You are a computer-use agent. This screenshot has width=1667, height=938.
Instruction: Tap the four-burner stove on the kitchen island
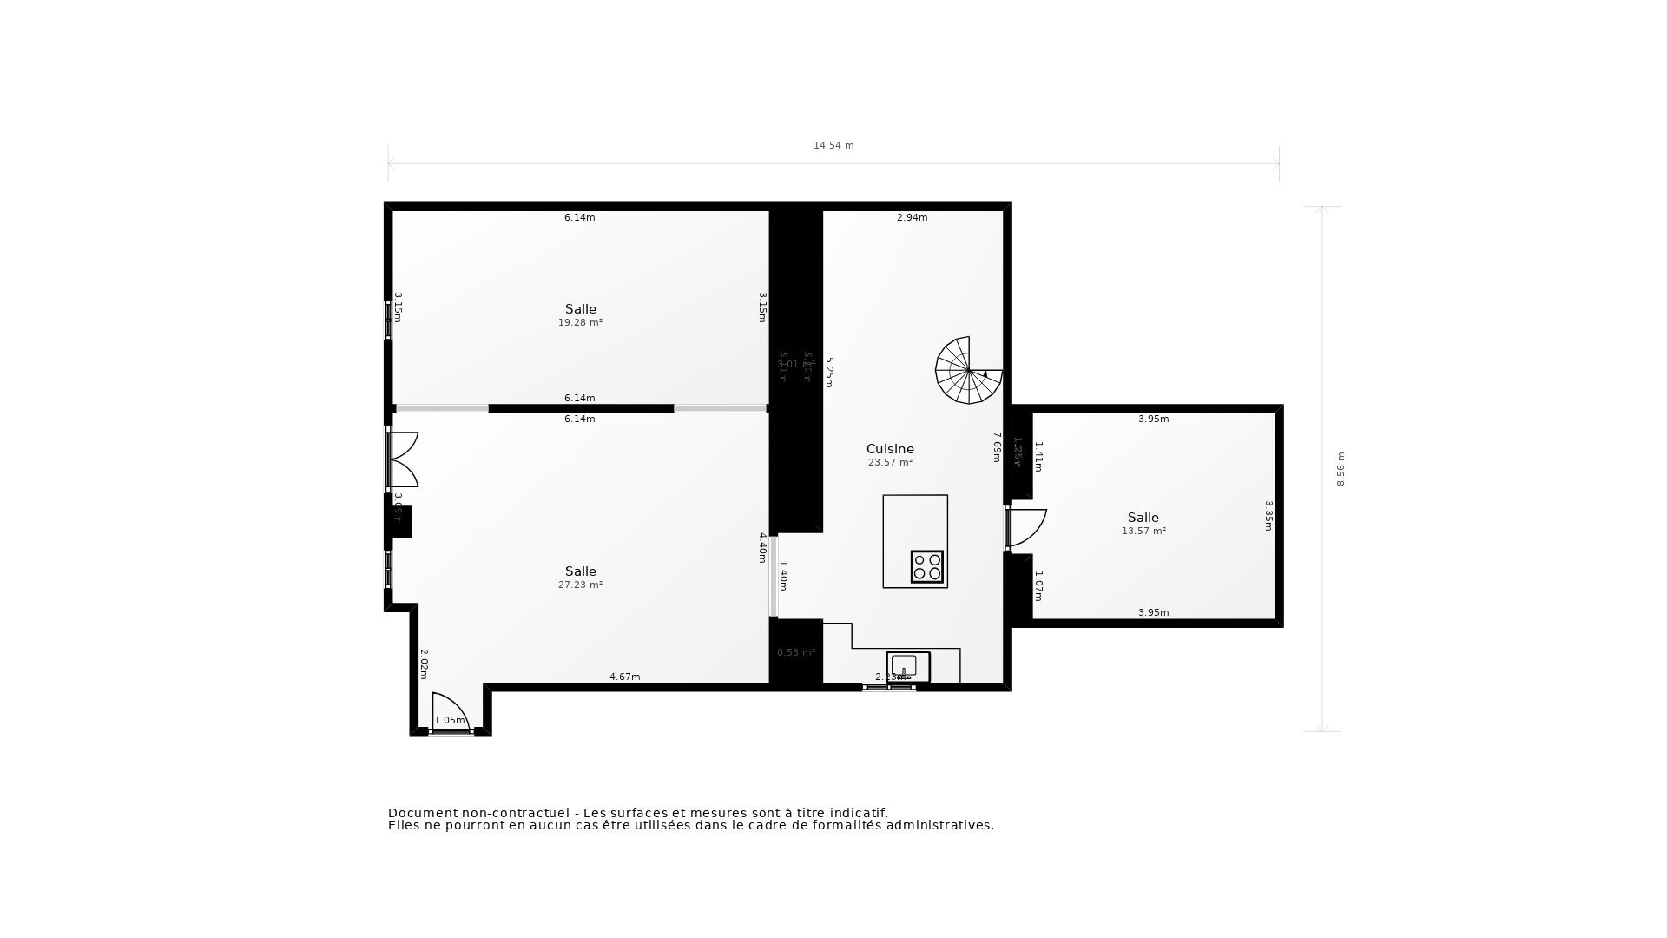tap(927, 566)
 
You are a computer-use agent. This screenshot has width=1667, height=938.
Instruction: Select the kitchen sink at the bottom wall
tap(907, 666)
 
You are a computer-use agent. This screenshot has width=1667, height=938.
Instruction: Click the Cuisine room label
tap(890, 449)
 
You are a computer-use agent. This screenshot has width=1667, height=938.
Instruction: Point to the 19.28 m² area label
tap(580, 322)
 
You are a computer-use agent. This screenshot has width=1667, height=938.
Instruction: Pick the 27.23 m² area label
tap(580, 585)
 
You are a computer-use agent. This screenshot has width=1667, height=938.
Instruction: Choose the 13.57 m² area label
tap(1143, 531)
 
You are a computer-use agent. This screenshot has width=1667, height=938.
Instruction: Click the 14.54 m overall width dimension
tap(833, 145)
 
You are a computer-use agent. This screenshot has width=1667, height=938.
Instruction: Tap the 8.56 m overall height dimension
tap(1341, 469)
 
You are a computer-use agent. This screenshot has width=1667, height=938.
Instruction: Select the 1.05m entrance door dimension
tap(450, 720)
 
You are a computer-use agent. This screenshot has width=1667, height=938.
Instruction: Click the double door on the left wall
tap(403, 459)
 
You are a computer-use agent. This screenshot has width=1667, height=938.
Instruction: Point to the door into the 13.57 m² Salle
tap(1026, 528)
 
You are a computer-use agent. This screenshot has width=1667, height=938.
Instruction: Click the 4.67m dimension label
tap(624, 677)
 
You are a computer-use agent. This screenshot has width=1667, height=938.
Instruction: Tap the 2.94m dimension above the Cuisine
tap(912, 217)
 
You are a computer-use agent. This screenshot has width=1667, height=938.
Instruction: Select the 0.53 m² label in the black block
tap(795, 652)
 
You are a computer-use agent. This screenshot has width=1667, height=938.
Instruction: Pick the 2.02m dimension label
tap(424, 664)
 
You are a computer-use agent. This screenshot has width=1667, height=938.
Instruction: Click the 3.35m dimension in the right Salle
tap(1268, 515)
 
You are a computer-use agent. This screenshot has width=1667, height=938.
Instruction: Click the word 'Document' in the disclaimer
tap(422, 813)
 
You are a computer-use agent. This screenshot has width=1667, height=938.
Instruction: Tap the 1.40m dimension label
tap(783, 576)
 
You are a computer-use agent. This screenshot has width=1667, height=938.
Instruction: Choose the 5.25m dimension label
tap(829, 372)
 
